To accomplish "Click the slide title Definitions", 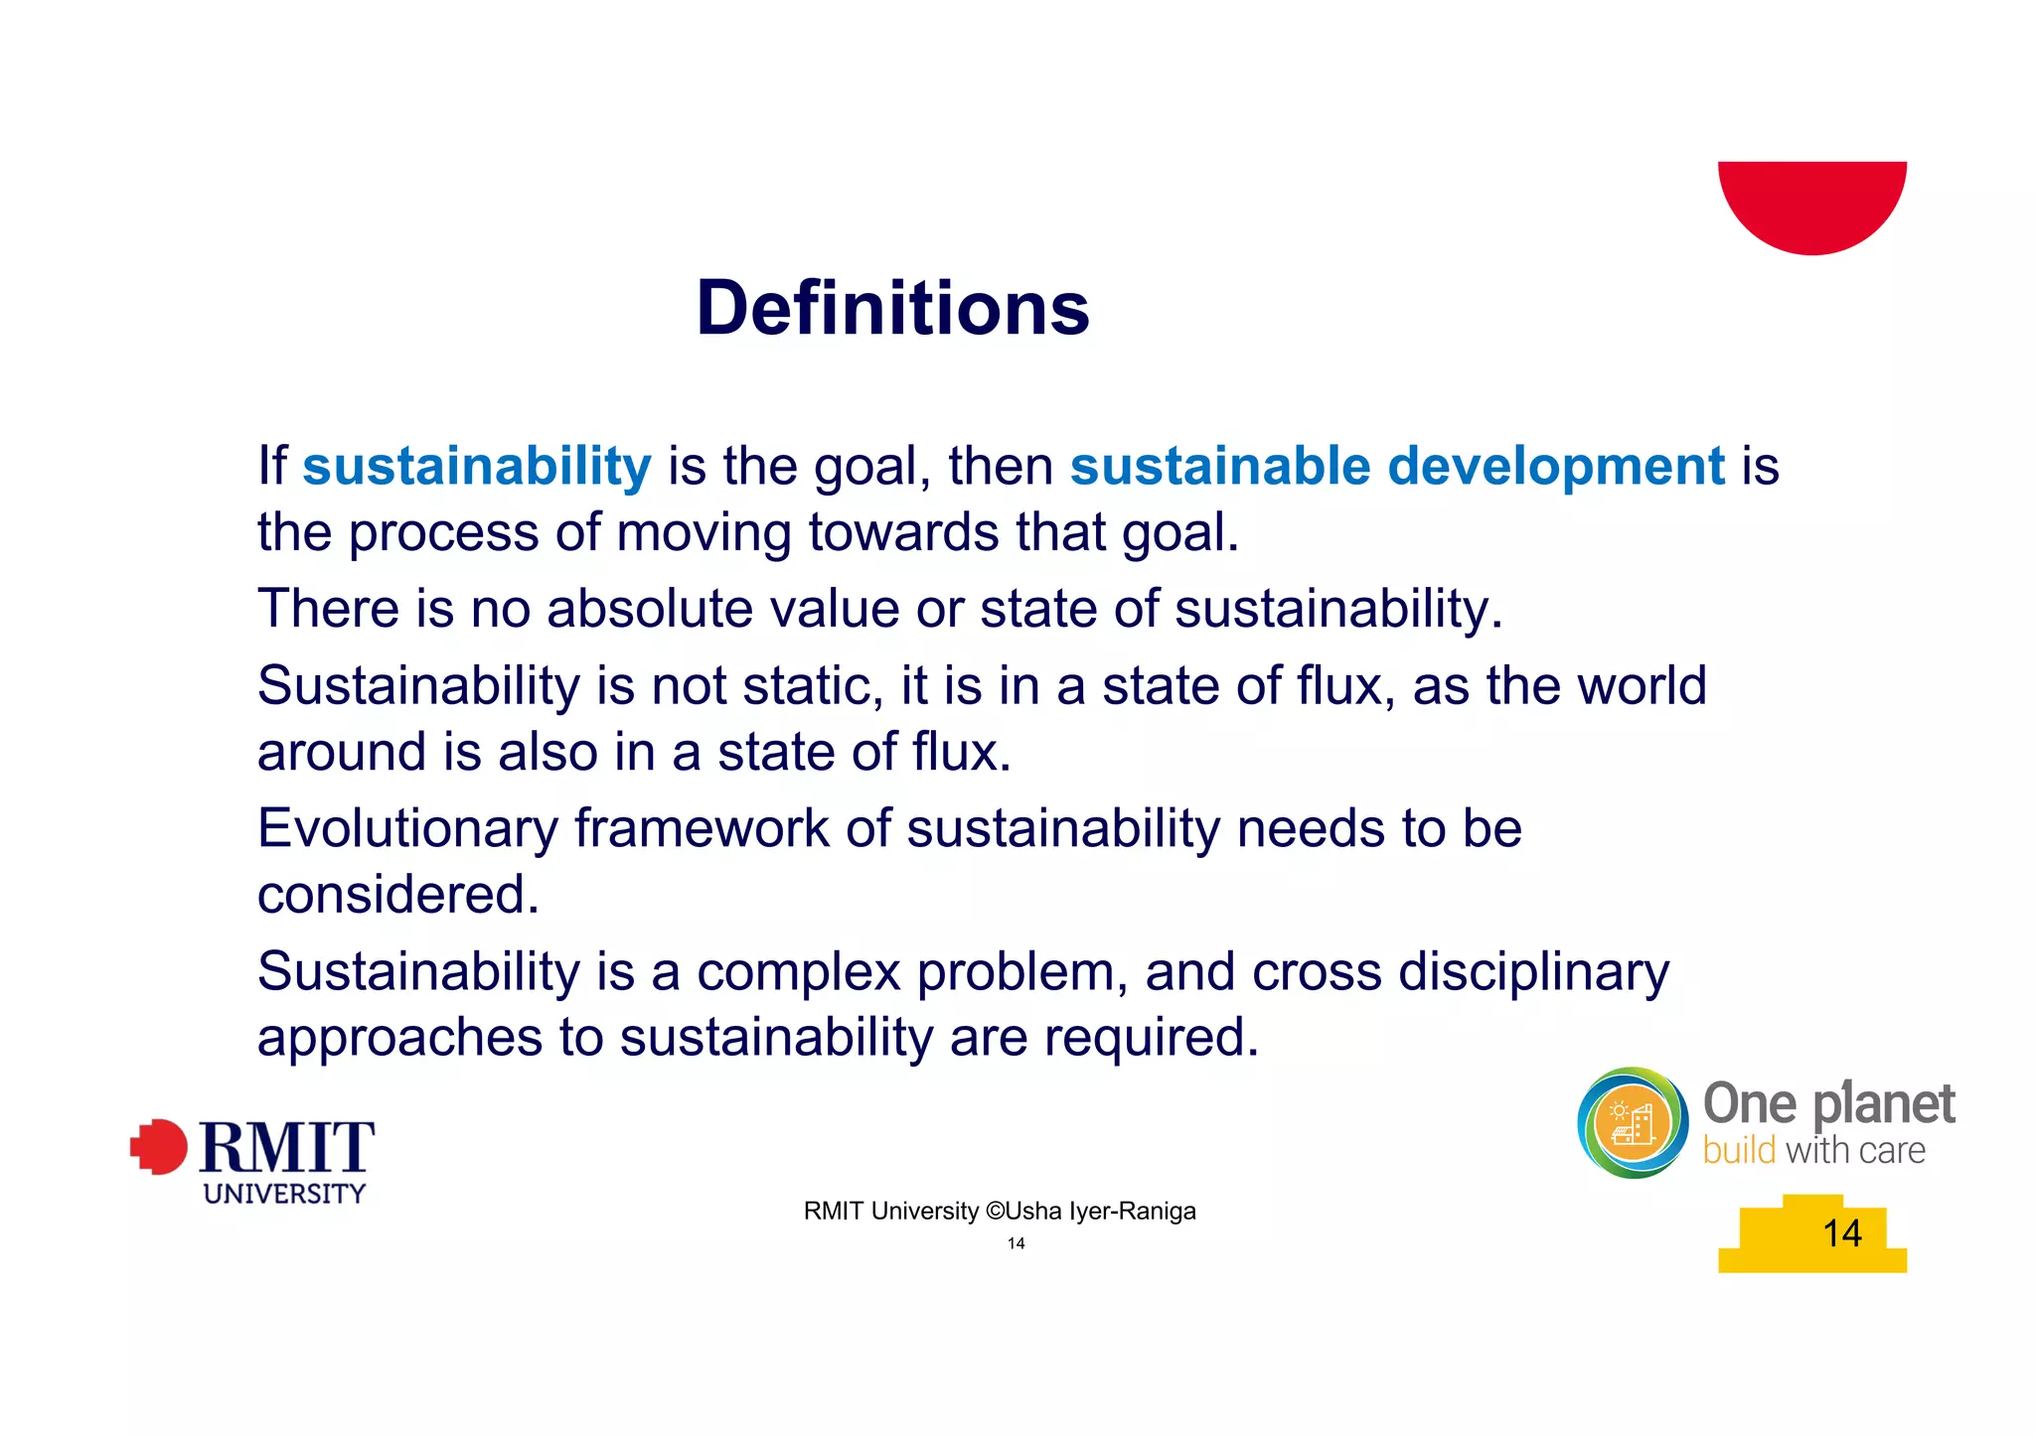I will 892,308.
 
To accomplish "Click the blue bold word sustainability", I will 477,466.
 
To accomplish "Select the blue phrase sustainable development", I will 1397,466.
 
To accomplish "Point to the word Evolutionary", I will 407,828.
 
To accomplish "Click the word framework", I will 702,828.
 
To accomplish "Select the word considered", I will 397,894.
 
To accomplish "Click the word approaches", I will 399,1037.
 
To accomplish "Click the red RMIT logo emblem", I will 159,1147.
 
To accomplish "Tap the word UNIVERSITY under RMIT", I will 284,1194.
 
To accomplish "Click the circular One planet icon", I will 1633,1123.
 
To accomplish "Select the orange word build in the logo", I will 1739,1151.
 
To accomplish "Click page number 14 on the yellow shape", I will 1841,1233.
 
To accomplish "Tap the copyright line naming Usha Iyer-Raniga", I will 999,1211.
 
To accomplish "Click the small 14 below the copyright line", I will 1016,1243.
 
